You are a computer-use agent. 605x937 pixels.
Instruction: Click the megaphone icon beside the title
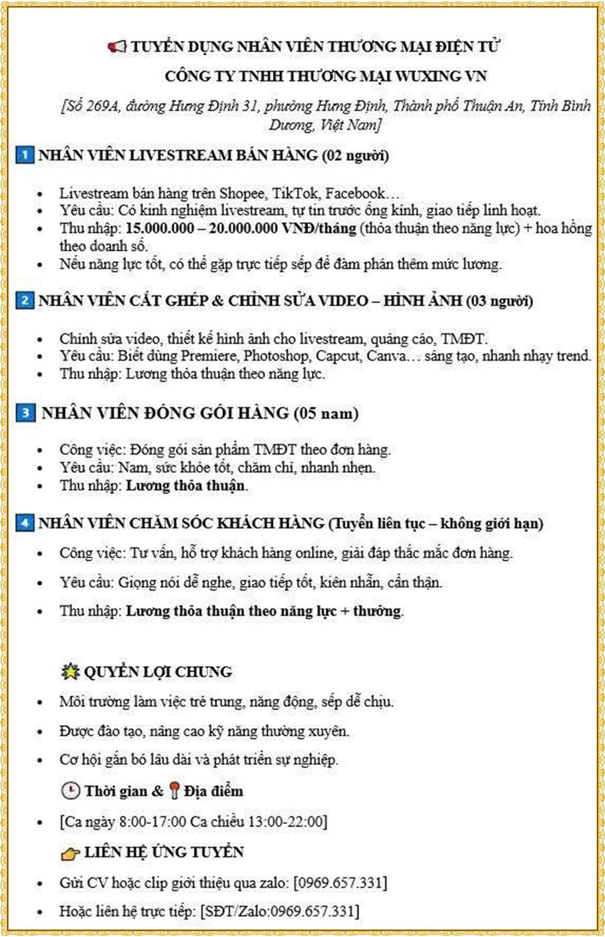pos(117,47)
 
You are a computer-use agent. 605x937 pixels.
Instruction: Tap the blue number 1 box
pos(24,155)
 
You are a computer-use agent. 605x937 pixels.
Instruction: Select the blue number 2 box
pos(24,301)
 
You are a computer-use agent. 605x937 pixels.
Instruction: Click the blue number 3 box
pos(24,413)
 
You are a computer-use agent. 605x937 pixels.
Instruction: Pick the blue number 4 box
pos(24,523)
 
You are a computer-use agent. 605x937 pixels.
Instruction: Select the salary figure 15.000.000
pos(159,228)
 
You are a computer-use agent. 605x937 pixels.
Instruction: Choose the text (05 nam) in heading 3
pos(326,413)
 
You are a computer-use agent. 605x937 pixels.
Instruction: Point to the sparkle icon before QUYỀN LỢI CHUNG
pos(70,671)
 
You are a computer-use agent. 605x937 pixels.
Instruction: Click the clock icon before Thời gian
pos(70,791)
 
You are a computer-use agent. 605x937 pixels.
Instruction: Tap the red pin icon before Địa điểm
pos(174,791)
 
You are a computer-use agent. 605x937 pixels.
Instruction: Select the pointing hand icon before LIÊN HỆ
pos(70,853)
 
